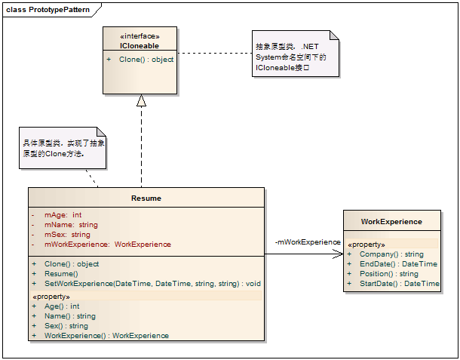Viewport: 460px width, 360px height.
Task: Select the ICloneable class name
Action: click(x=139, y=45)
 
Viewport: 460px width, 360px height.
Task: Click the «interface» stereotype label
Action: click(x=140, y=36)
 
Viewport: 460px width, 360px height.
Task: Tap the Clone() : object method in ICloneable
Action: click(x=146, y=59)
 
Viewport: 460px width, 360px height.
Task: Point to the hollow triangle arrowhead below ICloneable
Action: click(x=140, y=101)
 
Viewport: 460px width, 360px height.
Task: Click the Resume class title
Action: click(x=146, y=198)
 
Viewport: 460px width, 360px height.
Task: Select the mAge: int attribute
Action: click(x=63, y=215)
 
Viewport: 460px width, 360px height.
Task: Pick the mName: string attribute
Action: click(x=71, y=224)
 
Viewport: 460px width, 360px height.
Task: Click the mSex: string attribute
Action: click(x=67, y=234)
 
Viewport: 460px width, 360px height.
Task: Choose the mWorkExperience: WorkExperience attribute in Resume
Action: click(x=107, y=244)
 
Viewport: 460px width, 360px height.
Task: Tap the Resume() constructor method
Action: click(x=62, y=273)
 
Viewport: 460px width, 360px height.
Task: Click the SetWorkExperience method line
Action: click(x=152, y=283)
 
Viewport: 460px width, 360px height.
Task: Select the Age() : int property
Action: click(x=62, y=306)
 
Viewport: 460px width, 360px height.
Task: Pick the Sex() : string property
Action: click(x=66, y=325)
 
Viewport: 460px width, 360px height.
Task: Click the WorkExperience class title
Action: click(x=391, y=221)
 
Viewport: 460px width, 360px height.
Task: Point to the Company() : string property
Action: click(x=391, y=254)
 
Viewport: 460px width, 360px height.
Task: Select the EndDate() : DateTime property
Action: click(x=397, y=264)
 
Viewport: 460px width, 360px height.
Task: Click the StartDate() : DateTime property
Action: click(x=399, y=283)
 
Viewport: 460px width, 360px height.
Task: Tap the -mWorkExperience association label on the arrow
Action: click(x=308, y=242)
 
